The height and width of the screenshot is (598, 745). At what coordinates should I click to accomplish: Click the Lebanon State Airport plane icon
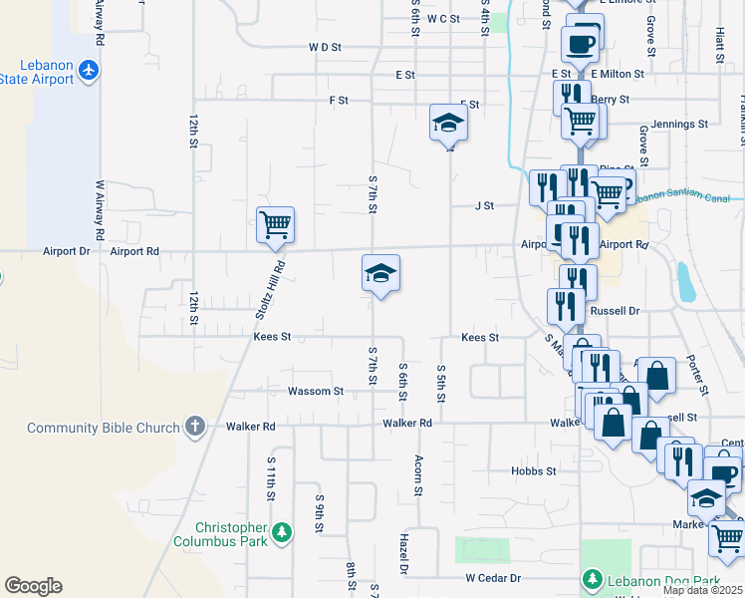pos(90,70)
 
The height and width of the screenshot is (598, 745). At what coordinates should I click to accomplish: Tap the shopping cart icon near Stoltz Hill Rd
pos(275,223)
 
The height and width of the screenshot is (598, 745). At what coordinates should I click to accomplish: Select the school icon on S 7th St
pos(379,273)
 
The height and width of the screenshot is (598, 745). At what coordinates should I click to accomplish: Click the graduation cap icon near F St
pos(448,125)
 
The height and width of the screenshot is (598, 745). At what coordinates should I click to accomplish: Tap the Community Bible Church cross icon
pos(195,428)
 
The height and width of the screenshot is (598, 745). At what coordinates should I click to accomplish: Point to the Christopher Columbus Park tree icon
pos(283,533)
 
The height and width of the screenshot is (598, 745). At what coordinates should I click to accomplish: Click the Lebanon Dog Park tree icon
pos(592,579)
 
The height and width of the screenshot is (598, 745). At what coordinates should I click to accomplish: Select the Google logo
pos(33,586)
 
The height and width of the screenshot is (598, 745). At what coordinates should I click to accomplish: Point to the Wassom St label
pos(316,392)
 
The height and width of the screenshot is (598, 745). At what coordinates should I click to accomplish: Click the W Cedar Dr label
pos(493,578)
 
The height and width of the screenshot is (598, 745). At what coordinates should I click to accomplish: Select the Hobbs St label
pos(533,470)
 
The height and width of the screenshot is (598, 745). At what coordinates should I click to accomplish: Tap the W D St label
pos(325,47)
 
